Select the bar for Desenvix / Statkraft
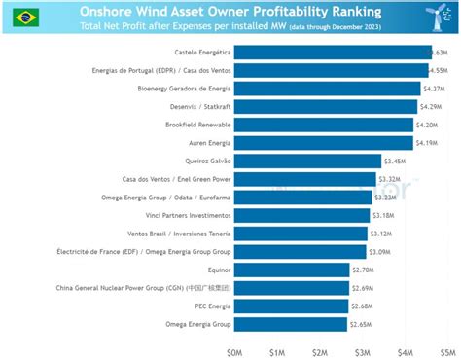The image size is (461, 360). [x=326, y=106]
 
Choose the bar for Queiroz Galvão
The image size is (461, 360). [x=307, y=161]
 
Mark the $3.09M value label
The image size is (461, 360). [x=379, y=252]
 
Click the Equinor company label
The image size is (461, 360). [x=213, y=270]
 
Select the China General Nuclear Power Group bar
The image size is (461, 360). [x=292, y=288]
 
